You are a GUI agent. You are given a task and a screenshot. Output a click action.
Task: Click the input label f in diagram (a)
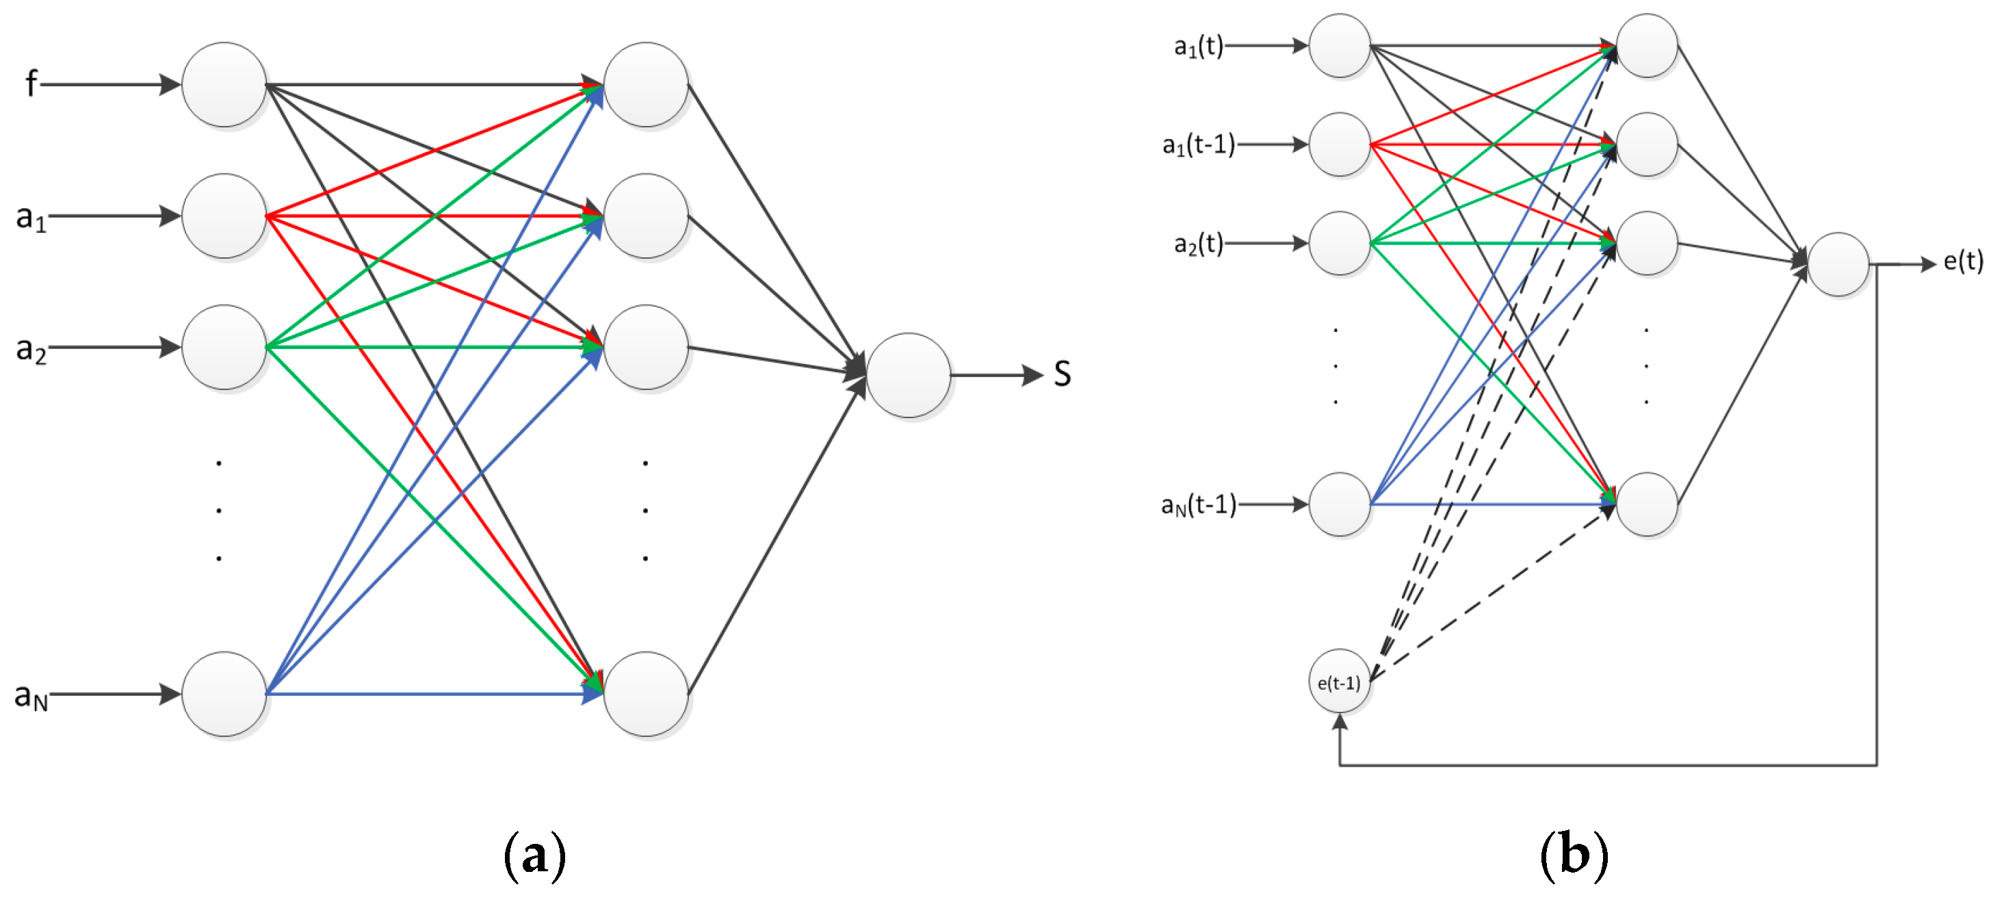tap(31, 83)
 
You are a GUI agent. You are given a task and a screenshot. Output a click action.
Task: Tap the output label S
tap(1063, 374)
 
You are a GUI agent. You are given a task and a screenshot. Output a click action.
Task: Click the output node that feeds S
tap(909, 375)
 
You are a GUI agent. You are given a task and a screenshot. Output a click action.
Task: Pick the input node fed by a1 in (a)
tap(224, 216)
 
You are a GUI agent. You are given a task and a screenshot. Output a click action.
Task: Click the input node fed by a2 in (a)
tap(224, 347)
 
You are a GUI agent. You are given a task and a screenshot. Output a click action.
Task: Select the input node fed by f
tap(224, 84)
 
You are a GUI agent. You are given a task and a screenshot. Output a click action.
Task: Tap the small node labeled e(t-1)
tap(1339, 682)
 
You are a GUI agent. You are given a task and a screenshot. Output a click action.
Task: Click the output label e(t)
tap(1963, 261)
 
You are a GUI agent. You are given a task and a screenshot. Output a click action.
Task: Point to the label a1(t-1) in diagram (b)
tap(1199, 144)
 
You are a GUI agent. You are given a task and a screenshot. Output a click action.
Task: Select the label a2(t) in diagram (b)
tap(1199, 244)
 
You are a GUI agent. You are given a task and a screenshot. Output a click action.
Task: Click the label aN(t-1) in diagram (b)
tap(1199, 505)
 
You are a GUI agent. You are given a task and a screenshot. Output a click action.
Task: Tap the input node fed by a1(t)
tap(1339, 46)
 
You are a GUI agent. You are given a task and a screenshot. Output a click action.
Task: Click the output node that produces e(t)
tap(1838, 265)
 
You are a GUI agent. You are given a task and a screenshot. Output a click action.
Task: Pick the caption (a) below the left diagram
tap(534, 855)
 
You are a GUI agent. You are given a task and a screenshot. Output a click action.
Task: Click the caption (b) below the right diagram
tap(1574, 855)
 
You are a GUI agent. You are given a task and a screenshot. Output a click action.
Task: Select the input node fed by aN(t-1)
tap(1339, 504)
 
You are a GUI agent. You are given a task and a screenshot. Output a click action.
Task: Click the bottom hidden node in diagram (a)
tap(645, 693)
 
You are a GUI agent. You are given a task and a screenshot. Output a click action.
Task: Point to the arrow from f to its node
tap(108, 84)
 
